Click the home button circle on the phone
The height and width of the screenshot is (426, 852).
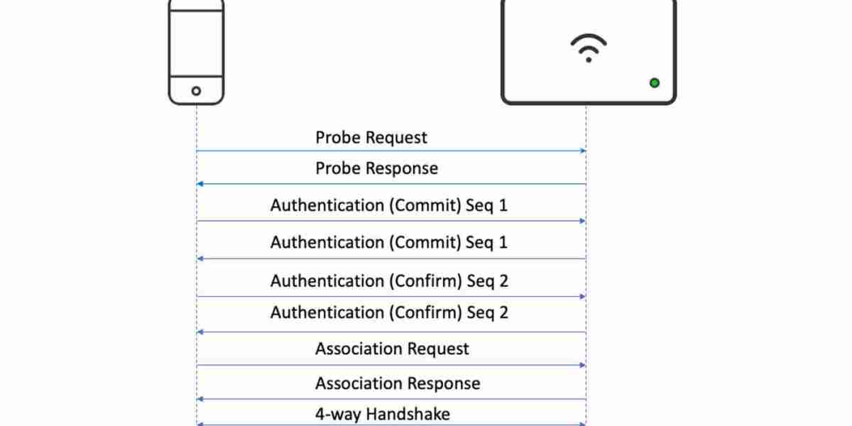[x=196, y=91]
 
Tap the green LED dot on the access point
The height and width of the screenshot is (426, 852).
[x=654, y=83]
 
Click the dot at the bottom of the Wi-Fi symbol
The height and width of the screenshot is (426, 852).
[x=589, y=60]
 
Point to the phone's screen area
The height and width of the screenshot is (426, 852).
[x=196, y=43]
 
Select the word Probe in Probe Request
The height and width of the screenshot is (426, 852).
[x=338, y=137]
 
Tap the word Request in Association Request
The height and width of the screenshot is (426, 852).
[x=437, y=349]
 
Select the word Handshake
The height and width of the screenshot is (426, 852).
[x=408, y=414]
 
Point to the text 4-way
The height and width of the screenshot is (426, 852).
[x=338, y=415]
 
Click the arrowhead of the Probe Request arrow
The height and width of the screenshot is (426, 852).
[x=583, y=151]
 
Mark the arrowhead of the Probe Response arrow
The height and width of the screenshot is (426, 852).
[x=200, y=184]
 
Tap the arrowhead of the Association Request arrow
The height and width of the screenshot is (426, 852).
[x=583, y=365]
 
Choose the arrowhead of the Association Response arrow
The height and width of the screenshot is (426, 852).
[x=200, y=399]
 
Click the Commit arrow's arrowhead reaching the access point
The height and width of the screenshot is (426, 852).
[x=583, y=221]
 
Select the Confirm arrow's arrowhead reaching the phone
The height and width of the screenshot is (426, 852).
[x=200, y=332]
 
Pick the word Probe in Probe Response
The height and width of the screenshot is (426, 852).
[x=338, y=168]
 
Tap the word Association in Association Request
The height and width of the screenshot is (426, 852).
[x=358, y=349]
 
